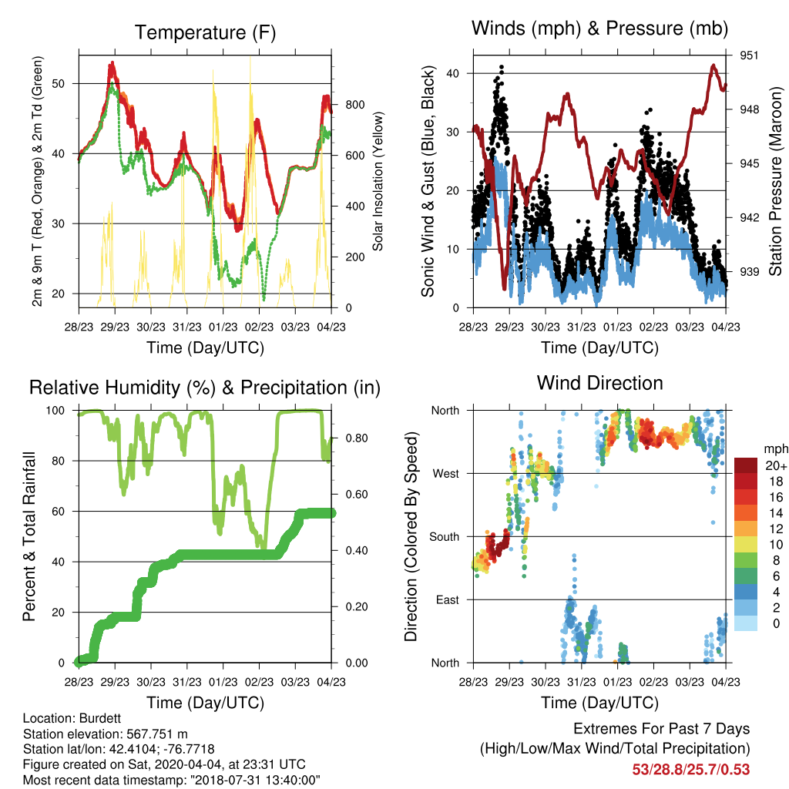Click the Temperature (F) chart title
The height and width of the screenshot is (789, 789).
pos(205,32)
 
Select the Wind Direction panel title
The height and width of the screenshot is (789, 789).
pos(599,383)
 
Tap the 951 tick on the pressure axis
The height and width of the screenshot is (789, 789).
pos(749,55)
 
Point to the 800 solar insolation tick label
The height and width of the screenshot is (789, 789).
pos(354,105)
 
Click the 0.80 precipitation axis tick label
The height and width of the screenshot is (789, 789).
pos(357,438)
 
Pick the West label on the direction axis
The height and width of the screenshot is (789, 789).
pos(446,474)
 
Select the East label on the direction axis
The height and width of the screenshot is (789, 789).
pos(448,599)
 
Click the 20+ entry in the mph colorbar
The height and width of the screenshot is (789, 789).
pos(776,465)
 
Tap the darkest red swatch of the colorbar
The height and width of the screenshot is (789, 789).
pos(746,465)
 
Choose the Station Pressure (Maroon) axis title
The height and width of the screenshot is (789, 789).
pos(775,181)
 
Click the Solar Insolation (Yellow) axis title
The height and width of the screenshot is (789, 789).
pos(378,181)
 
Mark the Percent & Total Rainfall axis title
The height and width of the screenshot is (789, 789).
pos(29,536)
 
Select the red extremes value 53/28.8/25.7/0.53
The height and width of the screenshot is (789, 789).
pos(691,770)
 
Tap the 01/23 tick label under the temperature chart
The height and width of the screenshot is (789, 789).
pos(223,327)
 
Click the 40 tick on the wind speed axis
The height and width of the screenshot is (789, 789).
pos(452,73)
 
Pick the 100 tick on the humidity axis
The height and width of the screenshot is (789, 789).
pos(55,411)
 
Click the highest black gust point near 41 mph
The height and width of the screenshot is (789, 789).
pos(501,66)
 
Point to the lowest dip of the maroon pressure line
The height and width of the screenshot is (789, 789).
pos(504,287)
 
